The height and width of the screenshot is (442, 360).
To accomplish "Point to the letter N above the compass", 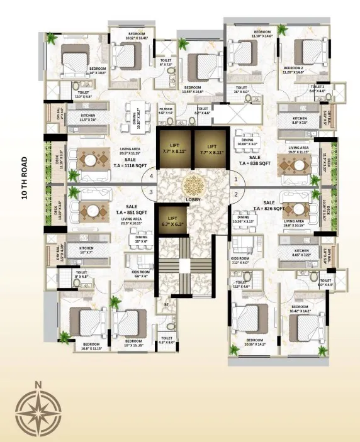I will click(x=38, y=384).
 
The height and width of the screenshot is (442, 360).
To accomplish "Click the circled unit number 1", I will click(x=235, y=180).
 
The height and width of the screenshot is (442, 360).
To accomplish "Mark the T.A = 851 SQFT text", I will click(x=132, y=212).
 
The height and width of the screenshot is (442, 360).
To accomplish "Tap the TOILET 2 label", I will click(x=317, y=88).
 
